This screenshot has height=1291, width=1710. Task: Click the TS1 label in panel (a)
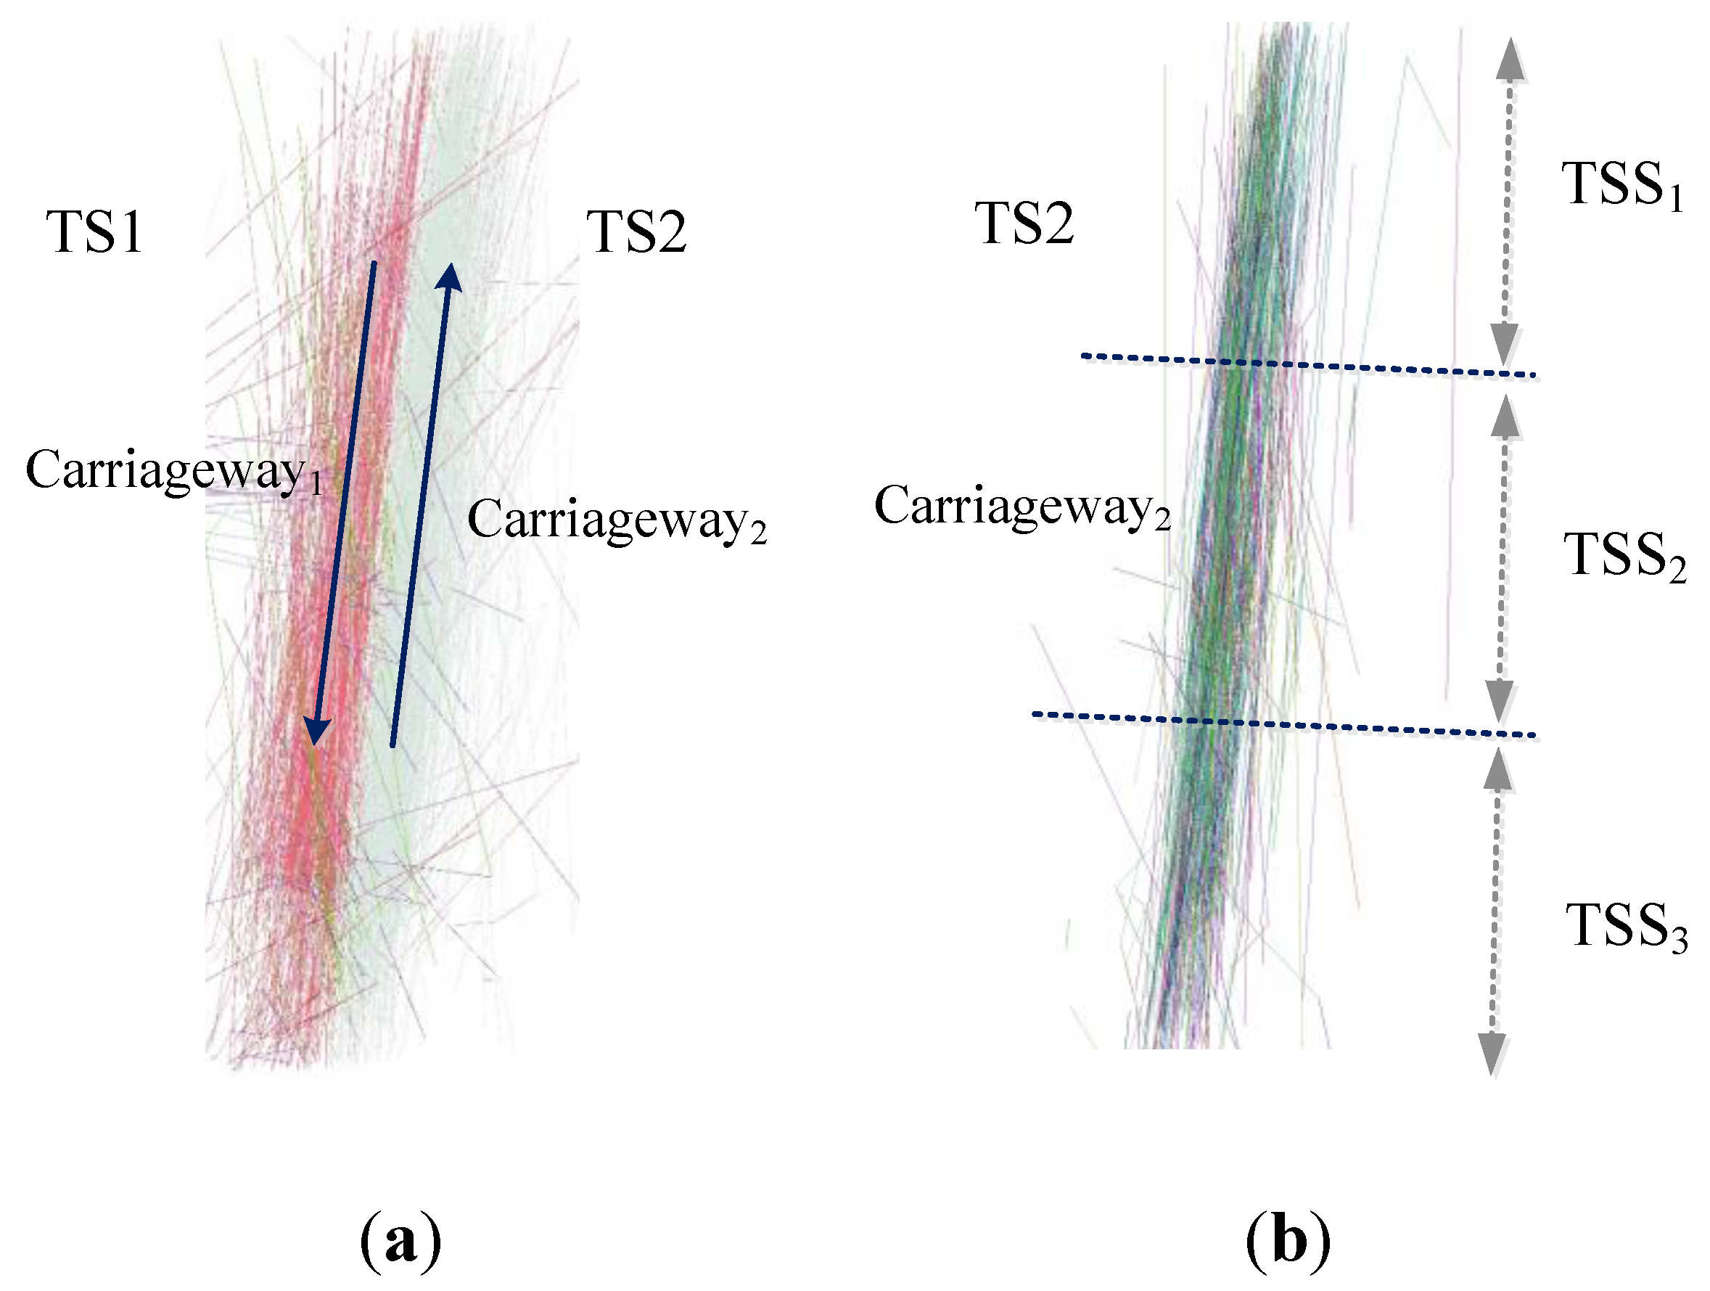click(95, 231)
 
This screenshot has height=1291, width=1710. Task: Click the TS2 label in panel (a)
click(636, 231)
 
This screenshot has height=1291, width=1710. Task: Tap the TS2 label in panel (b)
click(1024, 224)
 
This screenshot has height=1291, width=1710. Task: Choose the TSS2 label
click(1624, 556)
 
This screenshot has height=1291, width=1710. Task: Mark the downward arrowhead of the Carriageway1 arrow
click(316, 731)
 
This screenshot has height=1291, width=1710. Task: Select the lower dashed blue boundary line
click(1283, 725)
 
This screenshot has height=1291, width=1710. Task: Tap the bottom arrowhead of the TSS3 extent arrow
click(1492, 1053)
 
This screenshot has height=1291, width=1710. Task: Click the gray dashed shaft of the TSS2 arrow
click(1502, 557)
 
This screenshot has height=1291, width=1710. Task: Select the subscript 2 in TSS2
click(1677, 572)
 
